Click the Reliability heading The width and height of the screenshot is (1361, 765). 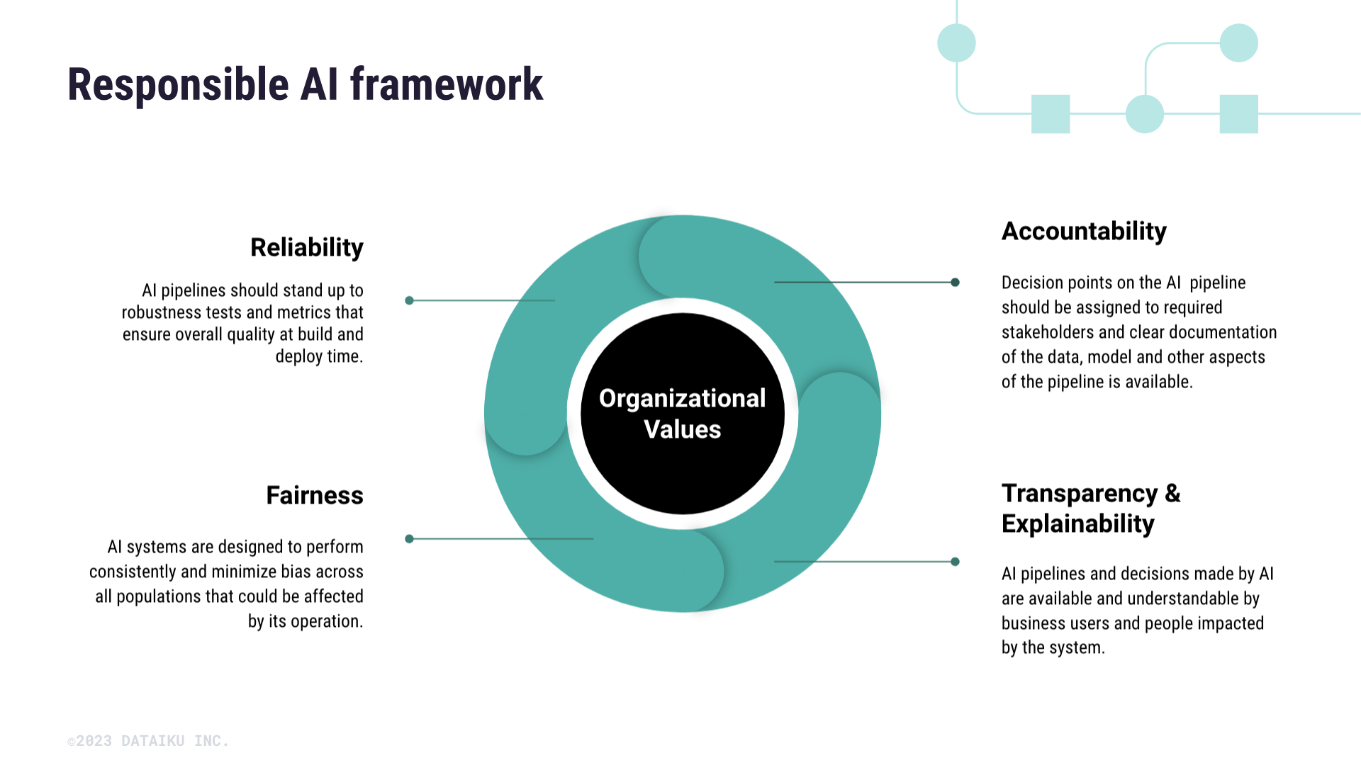(x=306, y=248)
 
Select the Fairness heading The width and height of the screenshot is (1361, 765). (x=314, y=495)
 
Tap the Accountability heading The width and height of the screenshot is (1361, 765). (x=1083, y=232)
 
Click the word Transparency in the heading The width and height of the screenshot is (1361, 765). (x=1079, y=494)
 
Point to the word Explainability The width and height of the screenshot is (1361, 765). (x=1077, y=524)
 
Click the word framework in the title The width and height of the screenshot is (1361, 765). (x=446, y=85)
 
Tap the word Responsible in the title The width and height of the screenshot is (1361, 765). (x=178, y=85)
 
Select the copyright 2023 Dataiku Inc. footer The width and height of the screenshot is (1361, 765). (x=148, y=741)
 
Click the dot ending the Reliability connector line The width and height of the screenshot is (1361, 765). (x=409, y=300)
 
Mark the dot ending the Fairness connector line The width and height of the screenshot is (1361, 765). (x=409, y=539)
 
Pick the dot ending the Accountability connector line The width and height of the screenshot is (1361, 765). (x=955, y=282)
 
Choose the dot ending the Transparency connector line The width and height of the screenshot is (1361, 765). (x=955, y=562)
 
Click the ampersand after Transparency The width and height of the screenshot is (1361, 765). (x=1172, y=494)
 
